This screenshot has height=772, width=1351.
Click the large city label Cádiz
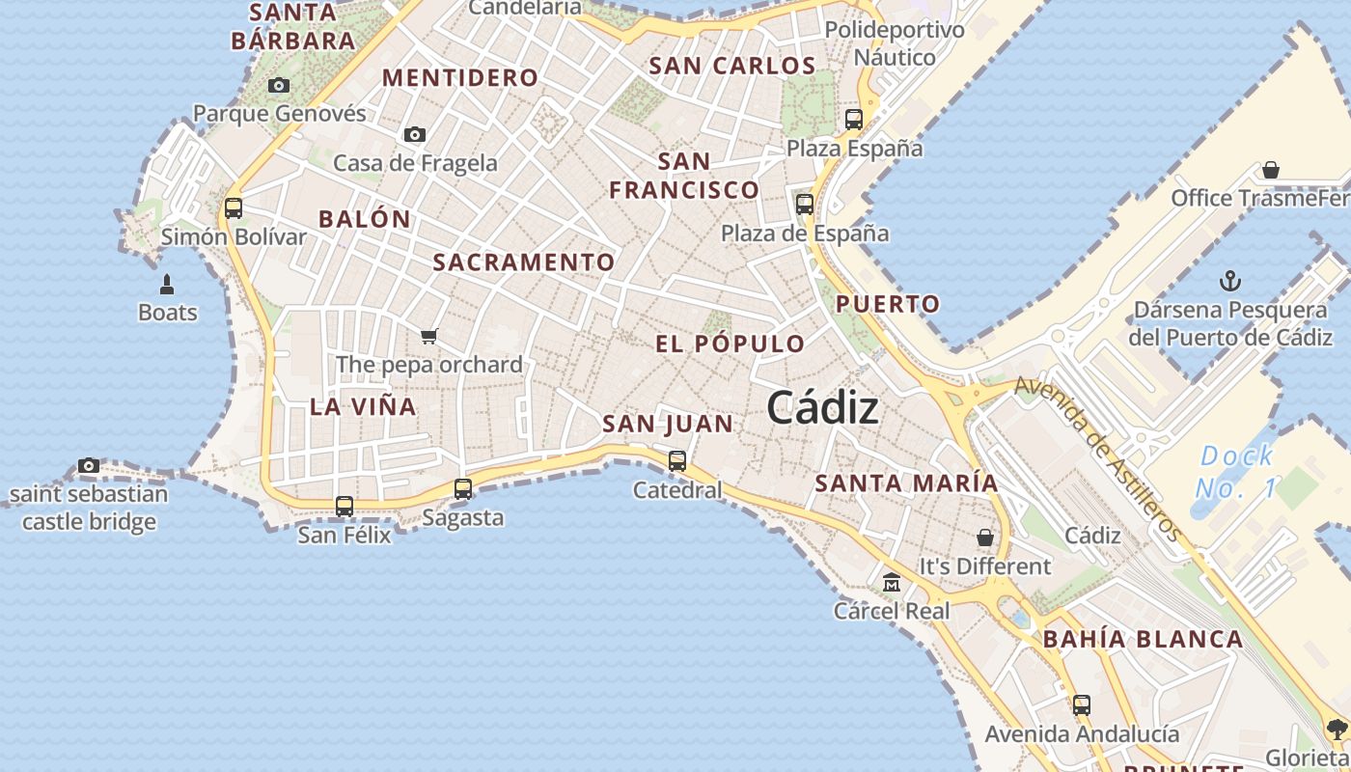[x=822, y=408]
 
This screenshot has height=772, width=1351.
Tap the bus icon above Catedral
[x=677, y=460]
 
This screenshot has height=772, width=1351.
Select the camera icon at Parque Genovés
[x=279, y=86]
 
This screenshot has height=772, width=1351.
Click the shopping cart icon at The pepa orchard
[x=429, y=336]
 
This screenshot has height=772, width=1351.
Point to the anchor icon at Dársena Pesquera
[x=1230, y=282]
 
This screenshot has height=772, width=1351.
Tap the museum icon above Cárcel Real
[x=892, y=582]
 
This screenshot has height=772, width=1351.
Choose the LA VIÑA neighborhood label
[x=363, y=406]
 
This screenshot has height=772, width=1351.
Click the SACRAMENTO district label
[x=523, y=262]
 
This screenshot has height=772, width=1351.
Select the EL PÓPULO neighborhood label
[x=730, y=344]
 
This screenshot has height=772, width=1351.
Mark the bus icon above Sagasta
[x=463, y=489]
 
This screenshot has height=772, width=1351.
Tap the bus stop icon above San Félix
[x=345, y=506]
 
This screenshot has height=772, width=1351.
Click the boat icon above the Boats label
[x=167, y=285]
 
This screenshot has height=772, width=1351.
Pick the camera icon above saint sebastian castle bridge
[x=89, y=466]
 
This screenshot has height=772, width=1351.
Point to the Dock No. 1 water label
[x=1236, y=472]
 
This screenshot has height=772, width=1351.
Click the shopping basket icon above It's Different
[x=985, y=538]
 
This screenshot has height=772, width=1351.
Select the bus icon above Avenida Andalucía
[x=1082, y=705]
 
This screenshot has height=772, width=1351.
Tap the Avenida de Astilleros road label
[x=1098, y=457]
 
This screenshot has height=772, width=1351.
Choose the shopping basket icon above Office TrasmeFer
[x=1271, y=171]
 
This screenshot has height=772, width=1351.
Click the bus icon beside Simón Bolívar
[x=234, y=207]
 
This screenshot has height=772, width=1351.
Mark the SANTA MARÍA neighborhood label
[x=906, y=482]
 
